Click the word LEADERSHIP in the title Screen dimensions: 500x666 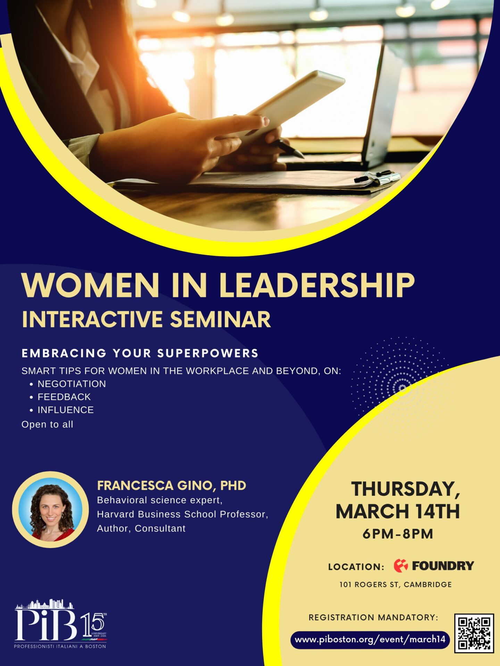[x=317, y=285]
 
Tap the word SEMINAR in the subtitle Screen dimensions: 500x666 [x=220, y=319]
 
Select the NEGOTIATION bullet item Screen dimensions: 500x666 [x=72, y=384]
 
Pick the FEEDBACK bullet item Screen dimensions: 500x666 [x=64, y=397]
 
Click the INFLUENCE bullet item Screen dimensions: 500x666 [x=66, y=410]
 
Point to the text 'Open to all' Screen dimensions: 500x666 [x=47, y=424]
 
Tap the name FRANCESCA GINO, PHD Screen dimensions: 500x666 [x=172, y=486]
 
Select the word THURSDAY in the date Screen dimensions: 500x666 [x=406, y=489]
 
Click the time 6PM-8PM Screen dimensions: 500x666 [x=398, y=534]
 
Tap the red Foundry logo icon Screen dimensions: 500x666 [x=401, y=565]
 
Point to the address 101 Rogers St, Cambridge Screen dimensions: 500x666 [x=395, y=584]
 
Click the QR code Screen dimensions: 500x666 [x=474, y=633]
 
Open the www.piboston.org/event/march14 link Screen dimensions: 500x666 [x=370, y=639]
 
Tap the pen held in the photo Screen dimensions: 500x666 [x=287, y=148]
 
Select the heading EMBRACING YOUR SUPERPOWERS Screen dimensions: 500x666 [x=140, y=353]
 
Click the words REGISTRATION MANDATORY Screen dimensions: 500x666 [x=373, y=617]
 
